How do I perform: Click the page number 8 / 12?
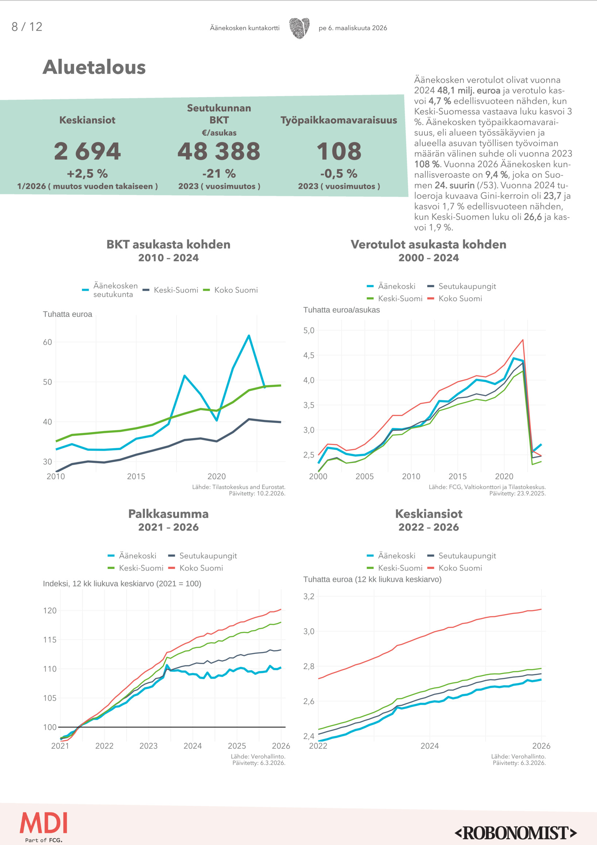(27, 27)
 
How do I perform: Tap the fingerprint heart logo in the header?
(299, 28)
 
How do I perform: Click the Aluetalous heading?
(94, 68)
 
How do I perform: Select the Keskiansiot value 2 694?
(87, 151)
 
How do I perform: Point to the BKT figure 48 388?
(219, 151)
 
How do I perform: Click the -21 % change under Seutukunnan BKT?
(219, 174)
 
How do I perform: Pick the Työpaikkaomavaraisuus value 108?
(339, 151)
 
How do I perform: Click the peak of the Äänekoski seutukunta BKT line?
(249, 336)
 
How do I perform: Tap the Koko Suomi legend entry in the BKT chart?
(236, 290)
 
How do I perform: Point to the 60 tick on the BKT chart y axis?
(47, 342)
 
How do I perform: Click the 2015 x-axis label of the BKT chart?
(136, 477)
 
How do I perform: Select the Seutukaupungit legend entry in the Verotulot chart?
(467, 286)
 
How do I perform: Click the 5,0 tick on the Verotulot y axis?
(309, 330)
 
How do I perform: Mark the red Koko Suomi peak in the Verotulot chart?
(523, 340)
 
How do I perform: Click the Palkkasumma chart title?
(169, 514)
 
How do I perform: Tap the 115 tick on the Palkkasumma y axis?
(50, 640)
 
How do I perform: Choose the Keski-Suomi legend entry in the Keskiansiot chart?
(400, 568)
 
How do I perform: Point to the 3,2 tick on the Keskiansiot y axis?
(309, 596)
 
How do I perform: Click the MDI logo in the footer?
(44, 823)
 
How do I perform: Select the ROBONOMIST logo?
(516, 833)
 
